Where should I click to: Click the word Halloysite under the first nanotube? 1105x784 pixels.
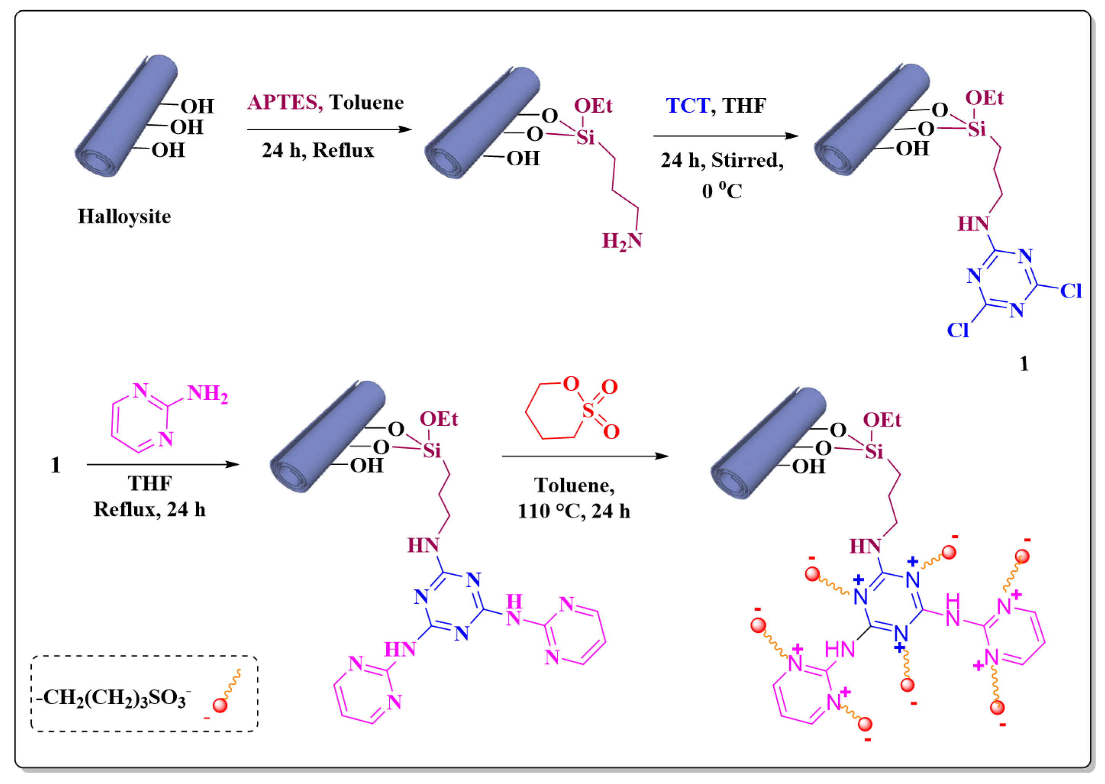click(x=124, y=216)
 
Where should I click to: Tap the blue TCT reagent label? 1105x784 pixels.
click(x=687, y=106)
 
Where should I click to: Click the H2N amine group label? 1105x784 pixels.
click(x=621, y=241)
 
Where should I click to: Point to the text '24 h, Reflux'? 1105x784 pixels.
click(x=318, y=150)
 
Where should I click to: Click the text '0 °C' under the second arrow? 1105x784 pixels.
click(x=721, y=191)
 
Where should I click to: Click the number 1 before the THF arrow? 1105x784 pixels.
click(x=55, y=465)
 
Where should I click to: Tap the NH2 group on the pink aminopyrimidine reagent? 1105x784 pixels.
click(x=208, y=393)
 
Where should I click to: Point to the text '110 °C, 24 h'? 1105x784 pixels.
click(x=573, y=511)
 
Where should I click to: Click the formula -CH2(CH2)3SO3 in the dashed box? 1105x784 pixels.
click(x=114, y=698)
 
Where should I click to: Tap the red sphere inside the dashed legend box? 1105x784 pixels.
click(x=220, y=705)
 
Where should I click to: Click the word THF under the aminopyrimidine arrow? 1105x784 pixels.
click(x=150, y=483)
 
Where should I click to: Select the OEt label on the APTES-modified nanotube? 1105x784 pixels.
click(x=592, y=106)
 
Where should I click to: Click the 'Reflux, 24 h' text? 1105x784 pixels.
click(x=150, y=509)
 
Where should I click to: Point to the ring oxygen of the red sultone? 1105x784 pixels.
click(x=571, y=384)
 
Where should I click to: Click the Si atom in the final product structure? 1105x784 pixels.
click(x=874, y=451)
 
